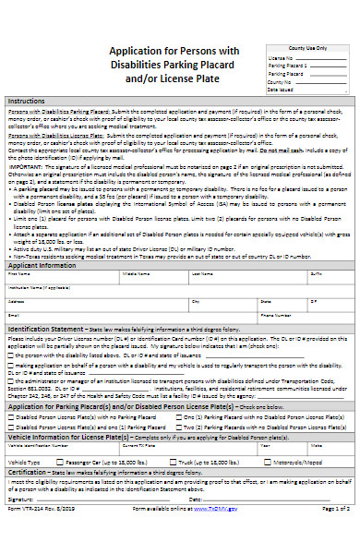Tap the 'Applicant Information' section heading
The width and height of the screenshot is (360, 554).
coord(42,264)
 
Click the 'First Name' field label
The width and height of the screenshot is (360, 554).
coord(18,274)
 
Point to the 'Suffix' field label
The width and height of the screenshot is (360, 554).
coord(317,274)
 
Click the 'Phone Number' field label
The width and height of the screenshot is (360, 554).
coord(276,315)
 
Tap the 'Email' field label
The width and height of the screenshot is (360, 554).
coord(14,315)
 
